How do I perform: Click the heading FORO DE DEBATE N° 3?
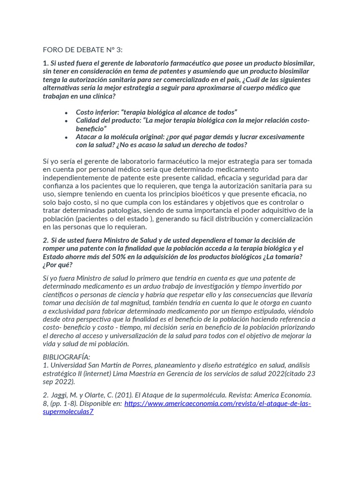tap(82, 50)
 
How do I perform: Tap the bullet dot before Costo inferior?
tap(67, 112)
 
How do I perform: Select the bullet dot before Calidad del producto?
tap(67, 121)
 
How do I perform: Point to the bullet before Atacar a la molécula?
tap(67, 137)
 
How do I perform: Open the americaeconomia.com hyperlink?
tap(217, 404)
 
